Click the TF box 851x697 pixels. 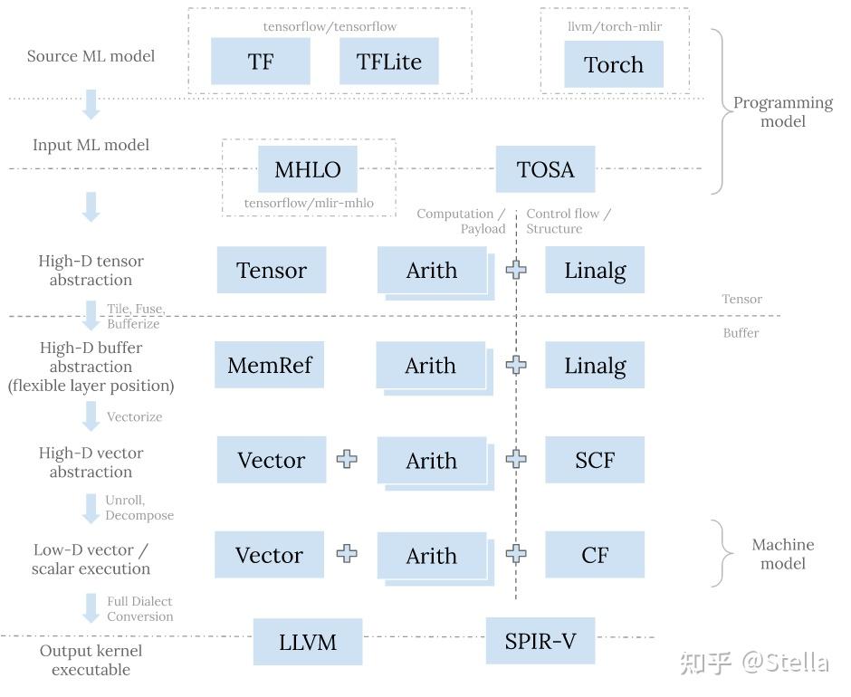(x=261, y=62)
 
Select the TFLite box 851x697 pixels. (x=388, y=62)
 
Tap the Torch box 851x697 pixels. (x=614, y=65)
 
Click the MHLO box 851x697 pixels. (x=308, y=169)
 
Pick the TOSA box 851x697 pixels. (x=545, y=169)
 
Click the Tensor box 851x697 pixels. (x=272, y=270)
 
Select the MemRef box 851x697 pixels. (x=269, y=365)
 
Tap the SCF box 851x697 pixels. (x=595, y=460)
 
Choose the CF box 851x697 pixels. (x=595, y=555)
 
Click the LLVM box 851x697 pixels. (x=308, y=642)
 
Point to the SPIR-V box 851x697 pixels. (x=540, y=642)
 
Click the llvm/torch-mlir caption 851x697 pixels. (x=615, y=26)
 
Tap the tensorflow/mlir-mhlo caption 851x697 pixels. (x=309, y=204)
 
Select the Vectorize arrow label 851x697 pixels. (x=135, y=417)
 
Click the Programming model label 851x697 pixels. (x=783, y=112)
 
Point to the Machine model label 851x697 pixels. (x=783, y=554)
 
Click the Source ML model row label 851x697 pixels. (x=91, y=56)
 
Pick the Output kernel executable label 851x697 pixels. (x=91, y=661)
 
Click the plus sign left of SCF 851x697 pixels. (x=516, y=459)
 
